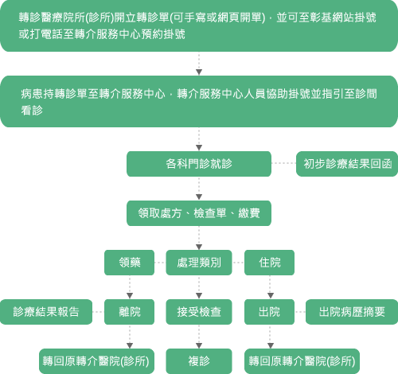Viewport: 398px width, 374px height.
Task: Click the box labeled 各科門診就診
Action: tap(199, 164)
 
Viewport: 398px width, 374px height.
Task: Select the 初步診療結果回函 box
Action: tap(347, 164)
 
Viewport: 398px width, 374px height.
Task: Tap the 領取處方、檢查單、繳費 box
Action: tap(199, 213)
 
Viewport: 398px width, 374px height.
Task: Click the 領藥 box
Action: tap(129, 263)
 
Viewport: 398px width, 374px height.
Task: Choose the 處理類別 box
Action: tap(199, 263)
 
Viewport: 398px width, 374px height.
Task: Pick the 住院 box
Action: tap(269, 263)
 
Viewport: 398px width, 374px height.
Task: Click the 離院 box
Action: tap(129, 312)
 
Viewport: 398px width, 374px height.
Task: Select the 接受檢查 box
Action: tap(199, 312)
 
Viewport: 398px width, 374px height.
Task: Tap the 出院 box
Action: tap(269, 312)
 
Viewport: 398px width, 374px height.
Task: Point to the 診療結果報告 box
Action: tap(46, 312)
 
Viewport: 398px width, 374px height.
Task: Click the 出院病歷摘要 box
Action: tap(352, 312)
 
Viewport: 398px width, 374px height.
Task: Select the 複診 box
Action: tap(199, 361)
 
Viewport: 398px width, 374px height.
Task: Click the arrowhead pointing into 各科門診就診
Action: tap(199, 147)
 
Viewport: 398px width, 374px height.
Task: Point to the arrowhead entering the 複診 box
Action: tap(199, 345)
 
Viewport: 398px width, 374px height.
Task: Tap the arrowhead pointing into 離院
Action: tap(130, 295)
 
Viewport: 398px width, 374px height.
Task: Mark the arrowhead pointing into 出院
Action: tap(271, 295)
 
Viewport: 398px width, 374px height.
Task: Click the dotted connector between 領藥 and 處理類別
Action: tap(160, 263)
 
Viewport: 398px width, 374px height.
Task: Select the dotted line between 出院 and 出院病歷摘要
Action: tap(300, 312)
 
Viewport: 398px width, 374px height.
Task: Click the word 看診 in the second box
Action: tap(32, 111)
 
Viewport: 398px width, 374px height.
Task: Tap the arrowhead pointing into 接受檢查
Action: tap(199, 295)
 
